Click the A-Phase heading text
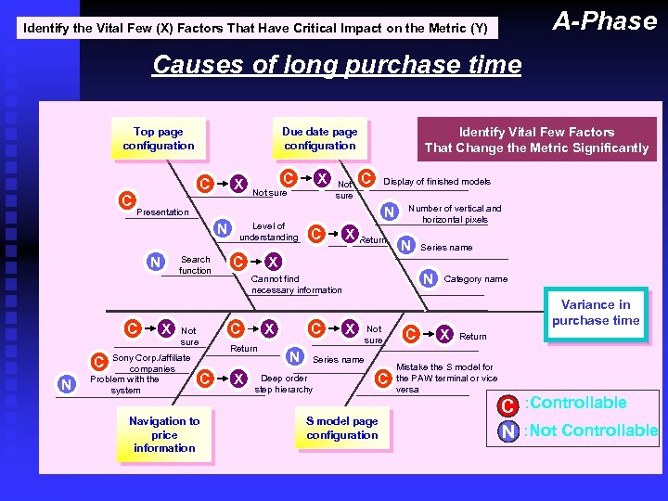tap(604, 20)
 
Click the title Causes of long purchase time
tap(336, 65)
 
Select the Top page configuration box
tap(159, 138)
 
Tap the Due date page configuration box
tap(319, 138)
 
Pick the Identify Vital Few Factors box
tap(536, 139)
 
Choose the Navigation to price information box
tap(164, 434)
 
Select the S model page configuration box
tap(342, 428)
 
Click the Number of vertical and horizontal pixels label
tap(455, 213)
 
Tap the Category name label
tap(475, 278)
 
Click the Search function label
tap(195, 264)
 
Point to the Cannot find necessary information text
tap(296, 284)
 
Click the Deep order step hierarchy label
tap(284, 383)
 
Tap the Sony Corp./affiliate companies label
tap(150, 363)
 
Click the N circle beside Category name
tap(429, 278)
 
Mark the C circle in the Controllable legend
tap(507, 405)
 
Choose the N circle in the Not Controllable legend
tap(507, 430)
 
